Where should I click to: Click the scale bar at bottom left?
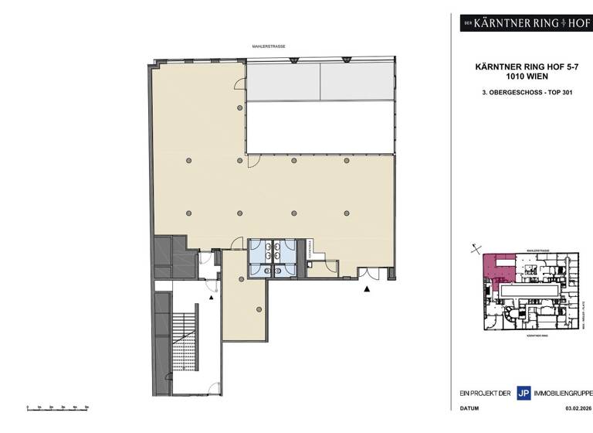click(x=57, y=406)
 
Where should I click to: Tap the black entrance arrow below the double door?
click(x=368, y=288)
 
